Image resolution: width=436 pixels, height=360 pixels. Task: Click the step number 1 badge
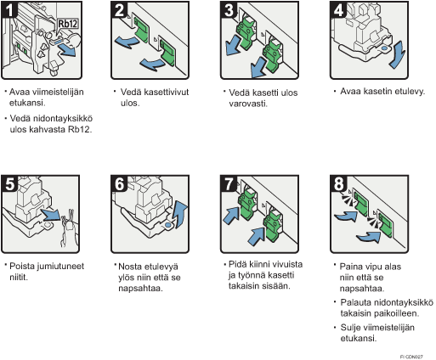point(9,10)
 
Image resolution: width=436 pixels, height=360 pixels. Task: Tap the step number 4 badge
point(338,10)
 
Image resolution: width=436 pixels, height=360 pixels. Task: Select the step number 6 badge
point(119,184)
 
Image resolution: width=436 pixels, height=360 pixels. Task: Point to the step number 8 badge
point(338,184)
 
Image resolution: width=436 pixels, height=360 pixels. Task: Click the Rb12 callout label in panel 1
point(68,24)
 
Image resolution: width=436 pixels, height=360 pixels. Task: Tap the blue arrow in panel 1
point(67,51)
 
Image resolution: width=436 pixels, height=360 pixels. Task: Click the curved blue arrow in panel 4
point(397,54)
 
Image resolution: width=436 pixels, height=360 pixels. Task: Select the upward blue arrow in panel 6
point(180,214)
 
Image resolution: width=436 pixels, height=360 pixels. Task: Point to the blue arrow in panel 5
point(51,215)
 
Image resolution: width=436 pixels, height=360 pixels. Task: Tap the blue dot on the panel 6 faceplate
point(168,225)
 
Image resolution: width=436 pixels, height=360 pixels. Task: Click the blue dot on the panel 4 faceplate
point(384,48)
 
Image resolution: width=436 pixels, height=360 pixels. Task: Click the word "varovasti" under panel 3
point(247,104)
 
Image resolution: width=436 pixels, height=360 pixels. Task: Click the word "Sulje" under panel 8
point(350,328)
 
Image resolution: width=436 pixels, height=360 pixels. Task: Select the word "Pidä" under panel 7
point(237,264)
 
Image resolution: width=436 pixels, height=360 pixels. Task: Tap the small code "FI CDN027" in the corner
point(411,357)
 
